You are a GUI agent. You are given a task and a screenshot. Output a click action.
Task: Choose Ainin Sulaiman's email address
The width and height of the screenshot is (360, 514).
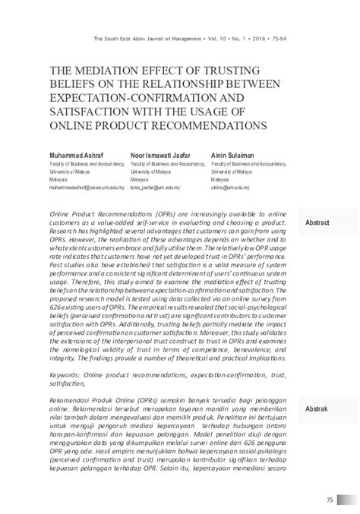tap(231, 184)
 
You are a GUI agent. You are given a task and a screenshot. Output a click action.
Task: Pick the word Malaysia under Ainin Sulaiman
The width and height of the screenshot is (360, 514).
tap(222, 177)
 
